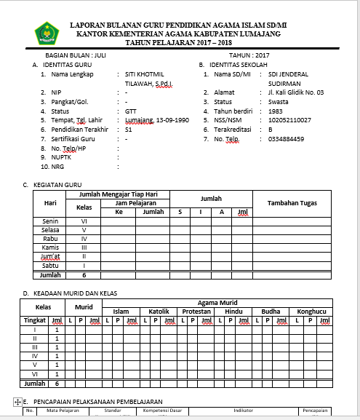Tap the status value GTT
[130, 111]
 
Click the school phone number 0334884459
[286, 138]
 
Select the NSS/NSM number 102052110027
[289, 119]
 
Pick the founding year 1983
[275, 111]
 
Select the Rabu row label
[50, 238]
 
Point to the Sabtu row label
[50, 266]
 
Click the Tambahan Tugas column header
[290, 203]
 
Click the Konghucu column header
[311, 311]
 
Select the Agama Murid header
[217, 302]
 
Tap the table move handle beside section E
[17, 402]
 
